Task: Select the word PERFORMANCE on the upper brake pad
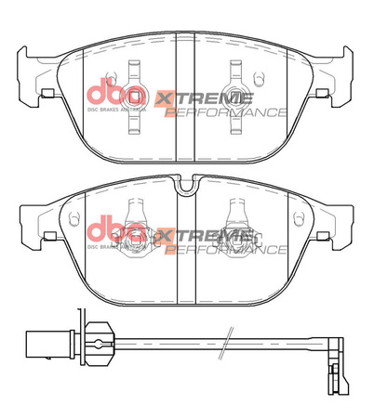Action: [x=224, y=111]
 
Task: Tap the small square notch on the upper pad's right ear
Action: [x=322, y=92]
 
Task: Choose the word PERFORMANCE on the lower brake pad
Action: [x=224, y=248]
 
